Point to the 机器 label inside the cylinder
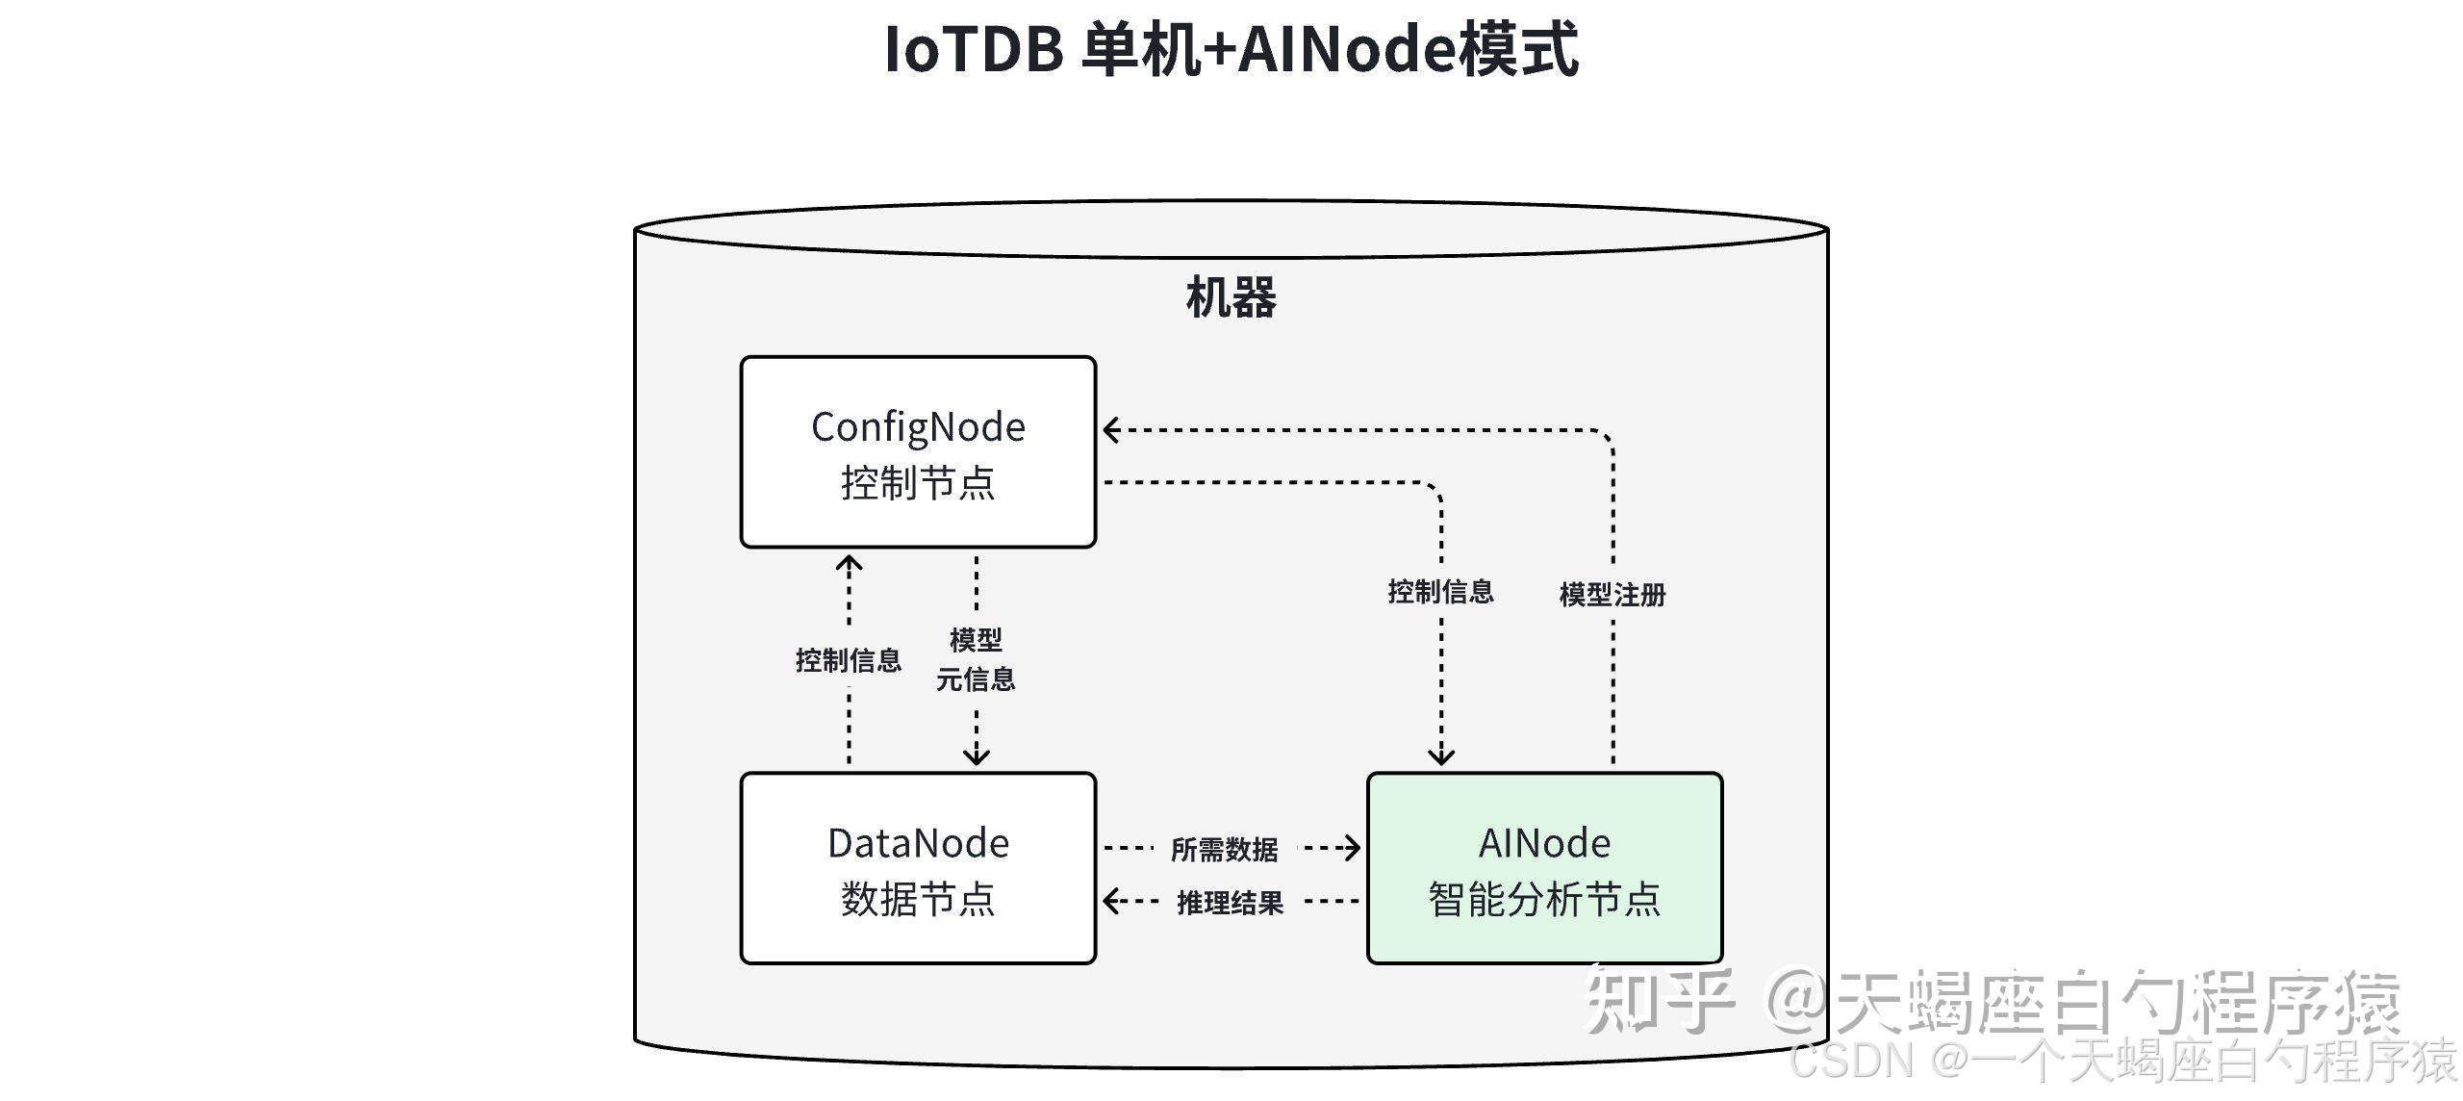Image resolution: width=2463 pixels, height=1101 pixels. point(1231,296)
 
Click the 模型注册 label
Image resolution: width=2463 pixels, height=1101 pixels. point(1612,595)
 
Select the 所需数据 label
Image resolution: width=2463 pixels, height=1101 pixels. point(1224,850)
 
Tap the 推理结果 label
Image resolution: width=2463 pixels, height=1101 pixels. point(1230,903)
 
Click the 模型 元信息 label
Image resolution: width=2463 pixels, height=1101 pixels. point(976,660)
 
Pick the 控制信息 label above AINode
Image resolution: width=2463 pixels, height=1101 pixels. point(1440,591)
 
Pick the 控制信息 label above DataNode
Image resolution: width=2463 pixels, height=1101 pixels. point(849,660)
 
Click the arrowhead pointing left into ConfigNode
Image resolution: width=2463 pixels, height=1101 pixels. point(1110,430)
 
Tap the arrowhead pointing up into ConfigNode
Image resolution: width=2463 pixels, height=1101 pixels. point(849,563)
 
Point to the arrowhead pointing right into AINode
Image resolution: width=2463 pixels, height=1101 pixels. point(1353,848)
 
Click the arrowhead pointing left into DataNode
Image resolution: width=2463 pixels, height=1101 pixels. point(1111,902)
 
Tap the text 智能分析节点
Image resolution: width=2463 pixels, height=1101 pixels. point(1544,900)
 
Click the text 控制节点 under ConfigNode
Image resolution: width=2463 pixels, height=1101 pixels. point(918,483)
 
